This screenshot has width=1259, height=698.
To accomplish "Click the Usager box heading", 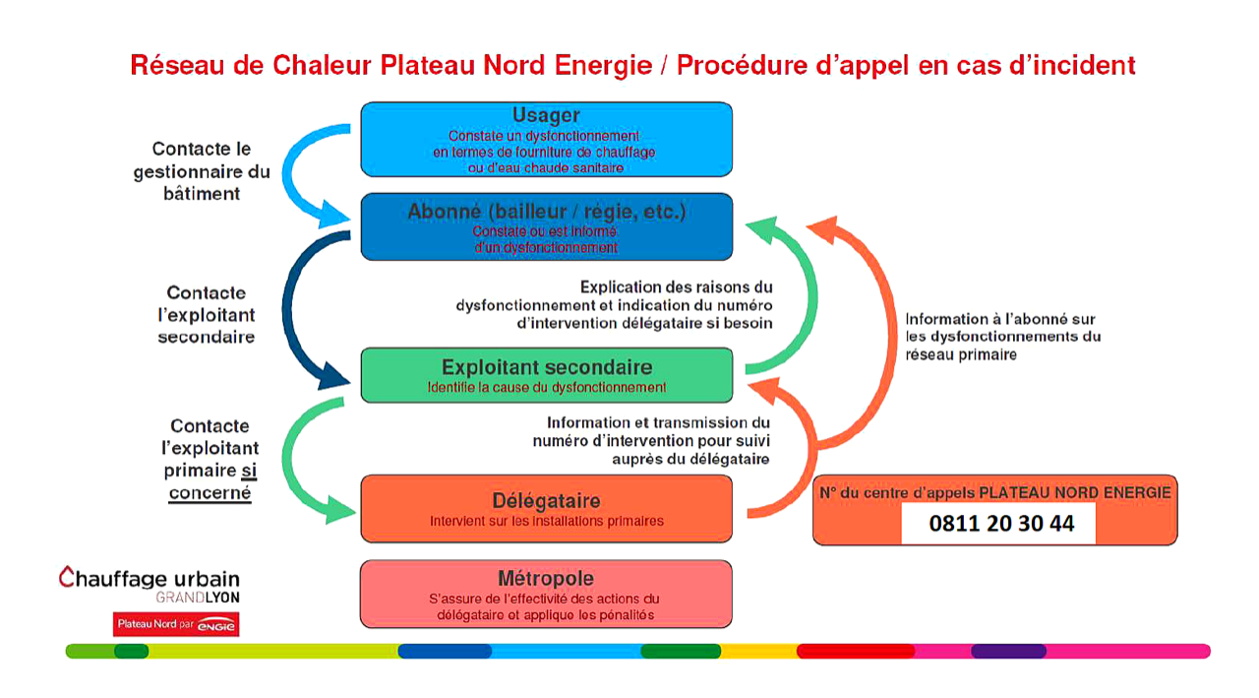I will [546, 116].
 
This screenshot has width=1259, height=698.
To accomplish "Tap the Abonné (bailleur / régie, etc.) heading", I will [546, 212].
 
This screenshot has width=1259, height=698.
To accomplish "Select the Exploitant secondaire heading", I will [546, 367].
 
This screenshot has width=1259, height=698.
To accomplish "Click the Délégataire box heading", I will [546, 500].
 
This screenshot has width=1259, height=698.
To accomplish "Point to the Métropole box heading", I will [546, 579].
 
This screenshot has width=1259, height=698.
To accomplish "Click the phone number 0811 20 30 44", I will [1001, 524].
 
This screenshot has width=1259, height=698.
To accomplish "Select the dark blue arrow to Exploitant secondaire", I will [295, 315].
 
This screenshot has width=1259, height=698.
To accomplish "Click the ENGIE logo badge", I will [176, 624].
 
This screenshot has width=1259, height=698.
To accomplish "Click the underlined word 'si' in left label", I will [248, 471].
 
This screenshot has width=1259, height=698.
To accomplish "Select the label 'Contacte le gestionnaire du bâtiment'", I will [202, 171].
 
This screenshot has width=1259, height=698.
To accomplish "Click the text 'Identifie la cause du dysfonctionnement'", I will [546, 388].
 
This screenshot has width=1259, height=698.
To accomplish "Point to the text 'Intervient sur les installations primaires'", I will [546, 521].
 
